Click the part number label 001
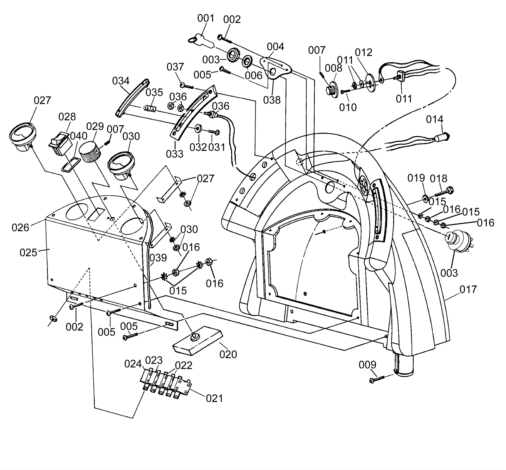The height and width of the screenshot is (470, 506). [206, 18]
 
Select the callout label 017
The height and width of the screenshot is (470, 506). [468, 289]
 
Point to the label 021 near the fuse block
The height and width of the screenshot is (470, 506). [214, 399]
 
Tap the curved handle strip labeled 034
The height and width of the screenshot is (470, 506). [132, 97]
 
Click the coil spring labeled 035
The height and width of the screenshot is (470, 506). [150, 108]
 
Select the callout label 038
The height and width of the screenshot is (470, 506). [272, 100]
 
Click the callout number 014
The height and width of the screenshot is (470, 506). [435, 120]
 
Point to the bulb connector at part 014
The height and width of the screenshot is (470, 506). [442, 138]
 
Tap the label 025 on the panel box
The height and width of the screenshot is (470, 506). [28, 253]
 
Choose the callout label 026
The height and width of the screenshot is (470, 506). [20, 227]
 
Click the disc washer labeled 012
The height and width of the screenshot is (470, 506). [370, 83]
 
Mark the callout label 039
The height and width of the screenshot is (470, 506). [158, 258]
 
